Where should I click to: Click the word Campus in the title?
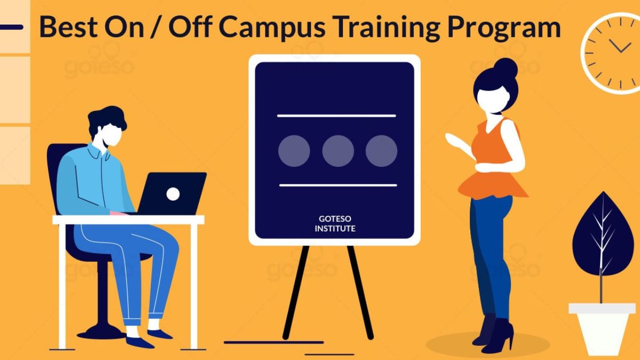[x=272, y=27]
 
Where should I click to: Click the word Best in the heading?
[x=69, y=27]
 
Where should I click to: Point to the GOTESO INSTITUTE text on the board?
[x=335, y=223]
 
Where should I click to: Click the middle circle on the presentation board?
[x=338, y=151]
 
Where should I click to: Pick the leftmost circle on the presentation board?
[x=294, y=151]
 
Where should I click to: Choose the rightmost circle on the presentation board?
[x=381, y=151]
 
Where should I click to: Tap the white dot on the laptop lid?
[x=173, y=194]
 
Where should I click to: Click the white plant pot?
[x=602, y=329]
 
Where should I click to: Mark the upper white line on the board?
[x=337, y=116]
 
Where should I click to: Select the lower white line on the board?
[x=338, y=185]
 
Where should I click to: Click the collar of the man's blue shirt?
[x=99, y=152]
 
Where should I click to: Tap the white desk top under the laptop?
[x=129, y=220]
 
